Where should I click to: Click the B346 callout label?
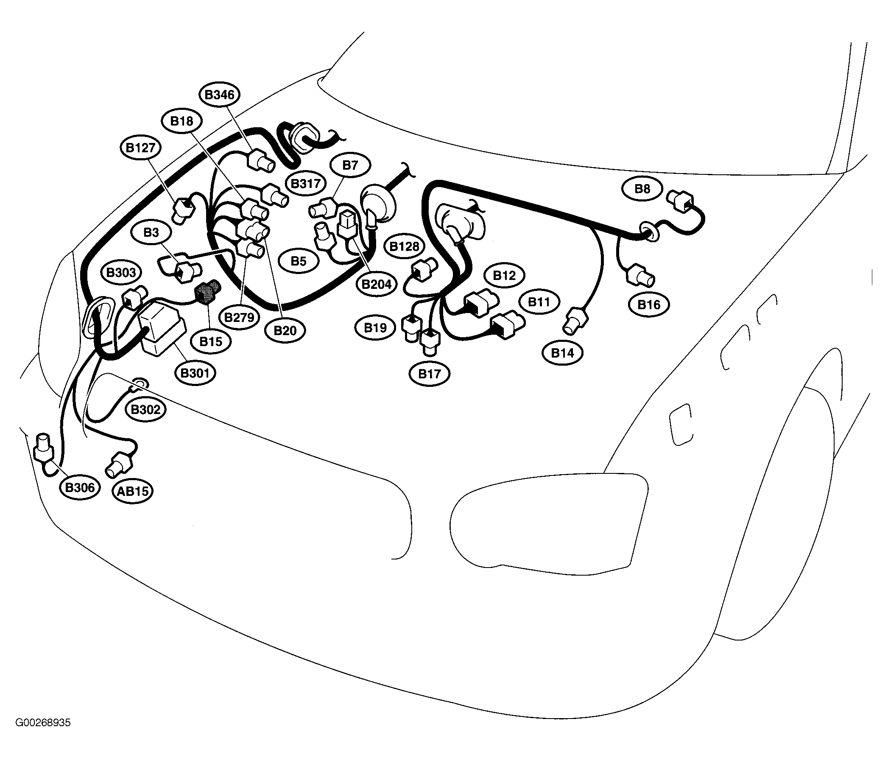coord(219,95)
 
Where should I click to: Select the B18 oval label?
coord(182,121)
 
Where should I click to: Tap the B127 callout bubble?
coord(140,148)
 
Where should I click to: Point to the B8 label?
coord(642,189)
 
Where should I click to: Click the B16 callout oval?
coord(649,305)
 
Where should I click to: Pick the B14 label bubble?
coord(562,353)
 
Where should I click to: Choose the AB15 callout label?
coord(133,491)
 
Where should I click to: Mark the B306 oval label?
coord(80,487)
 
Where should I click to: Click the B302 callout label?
coord(146,409)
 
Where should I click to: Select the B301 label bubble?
coord(195,373)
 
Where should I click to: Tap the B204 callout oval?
coord(376,284)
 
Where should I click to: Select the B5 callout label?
coord(298,261)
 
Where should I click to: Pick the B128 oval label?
coord(404,246)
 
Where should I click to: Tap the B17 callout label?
coord(429,374)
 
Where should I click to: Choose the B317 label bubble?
coord(306,184)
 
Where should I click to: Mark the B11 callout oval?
coord(539,302)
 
